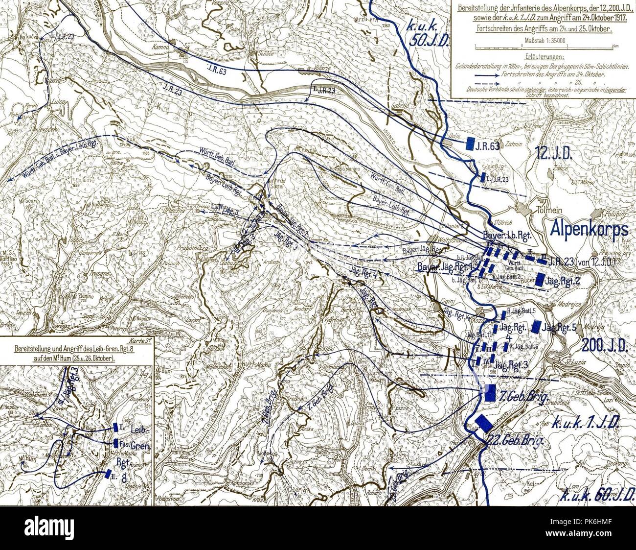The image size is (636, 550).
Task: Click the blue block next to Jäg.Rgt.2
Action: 541,280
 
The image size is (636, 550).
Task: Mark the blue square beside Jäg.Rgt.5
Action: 537,327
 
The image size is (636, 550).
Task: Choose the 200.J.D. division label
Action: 605,346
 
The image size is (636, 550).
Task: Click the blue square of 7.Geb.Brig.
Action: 489,393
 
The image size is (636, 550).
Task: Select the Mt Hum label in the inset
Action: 29,461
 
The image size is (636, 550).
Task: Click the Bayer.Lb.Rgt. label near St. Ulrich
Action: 506,236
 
